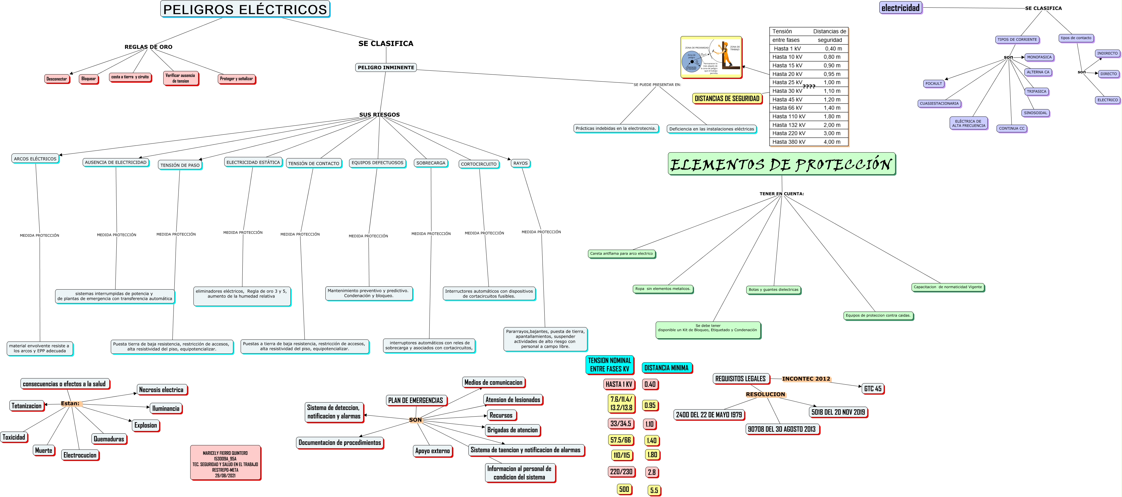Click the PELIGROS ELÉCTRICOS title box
pos(245,9)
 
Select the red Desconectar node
pos(57,79)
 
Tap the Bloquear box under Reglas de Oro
pos(89,79)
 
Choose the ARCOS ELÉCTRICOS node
pos(35,159)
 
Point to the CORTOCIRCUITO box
pos(478,164)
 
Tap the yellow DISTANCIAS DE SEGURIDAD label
pos(727,99)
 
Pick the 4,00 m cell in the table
pos(832,142)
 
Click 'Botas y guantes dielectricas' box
pos(773,290)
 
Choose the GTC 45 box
pos(873,388)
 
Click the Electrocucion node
pos(80,455)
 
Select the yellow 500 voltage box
pos(624,489)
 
